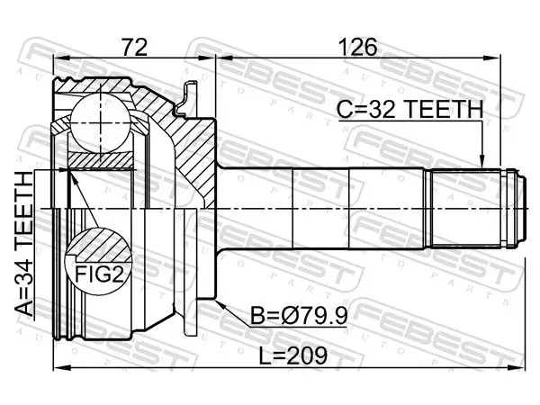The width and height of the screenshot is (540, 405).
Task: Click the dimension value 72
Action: pyautogui.click(x=135, y=47)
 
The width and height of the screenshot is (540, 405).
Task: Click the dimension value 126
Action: pyautogui.click(x=357, y=47)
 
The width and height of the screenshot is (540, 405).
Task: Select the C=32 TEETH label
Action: pyautogui.click(x=409, y=109)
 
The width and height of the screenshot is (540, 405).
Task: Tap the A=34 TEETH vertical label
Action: pyautogui.click(x=24, y=244)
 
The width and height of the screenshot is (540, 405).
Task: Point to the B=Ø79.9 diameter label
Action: pyautogui.click(x=299, y=316)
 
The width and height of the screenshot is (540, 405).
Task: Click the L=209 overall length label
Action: pyautogui.click(x=292, y=356)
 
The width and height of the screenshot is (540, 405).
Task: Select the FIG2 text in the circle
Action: pyautogui.click(x=99, y=274)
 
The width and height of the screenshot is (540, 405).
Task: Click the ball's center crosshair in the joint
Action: pyautogui.click(x=100, y=122)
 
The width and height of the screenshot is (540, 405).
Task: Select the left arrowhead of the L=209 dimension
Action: pyautogui.click(x=61, y=368)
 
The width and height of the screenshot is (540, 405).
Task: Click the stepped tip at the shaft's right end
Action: pyautogui.click(x=522, y=209)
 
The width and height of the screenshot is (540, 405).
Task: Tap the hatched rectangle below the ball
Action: pyautogui.click(x=101, y=160)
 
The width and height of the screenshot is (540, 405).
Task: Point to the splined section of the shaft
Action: pyautogui.click(x=465, y=209)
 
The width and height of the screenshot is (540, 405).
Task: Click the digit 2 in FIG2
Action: pyautogui.click(x=117, y=274)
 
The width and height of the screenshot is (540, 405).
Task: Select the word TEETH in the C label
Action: pyautogui.click(x=444, y=109)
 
